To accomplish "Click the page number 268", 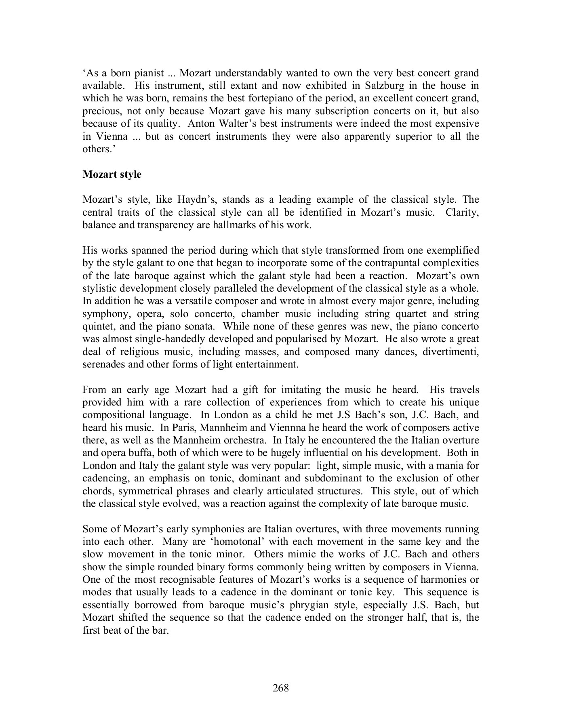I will pyautogui.click(x=281, y=688).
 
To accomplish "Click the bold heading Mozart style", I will pyautogui.click(x=112, y=174).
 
